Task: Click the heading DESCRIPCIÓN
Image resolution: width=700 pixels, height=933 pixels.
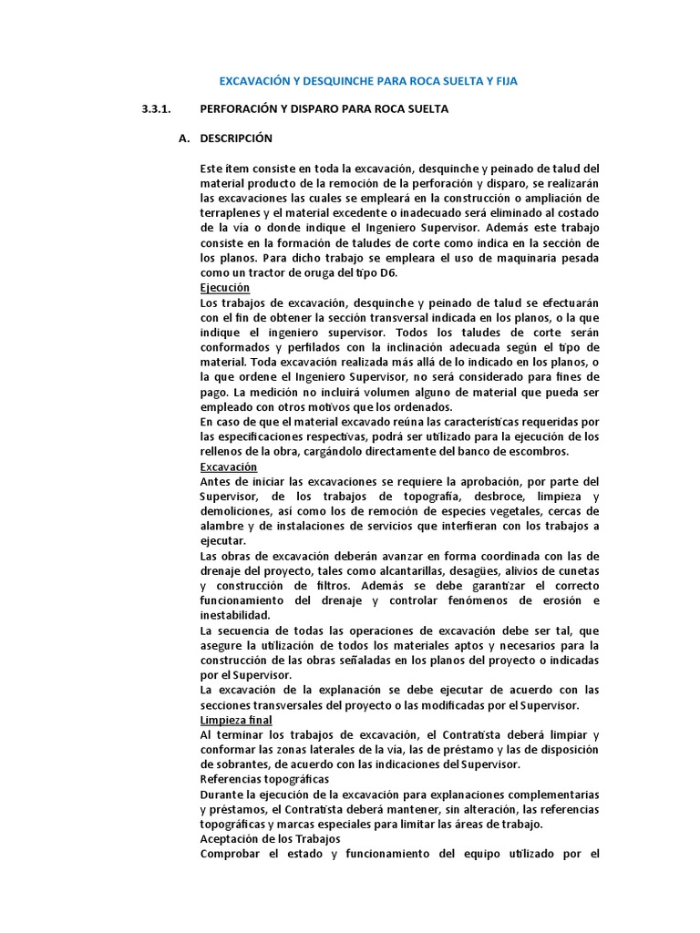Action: point(236,138)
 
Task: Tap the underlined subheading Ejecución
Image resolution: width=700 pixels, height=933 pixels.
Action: point(224,287)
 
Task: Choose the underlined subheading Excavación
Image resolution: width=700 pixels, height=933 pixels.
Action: point(228,466)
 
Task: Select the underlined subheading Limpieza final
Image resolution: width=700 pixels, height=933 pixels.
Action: point(235,719)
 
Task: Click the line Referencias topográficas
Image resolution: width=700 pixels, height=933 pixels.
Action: point(265,780)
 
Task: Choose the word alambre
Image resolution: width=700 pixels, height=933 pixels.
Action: point(222,527)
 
